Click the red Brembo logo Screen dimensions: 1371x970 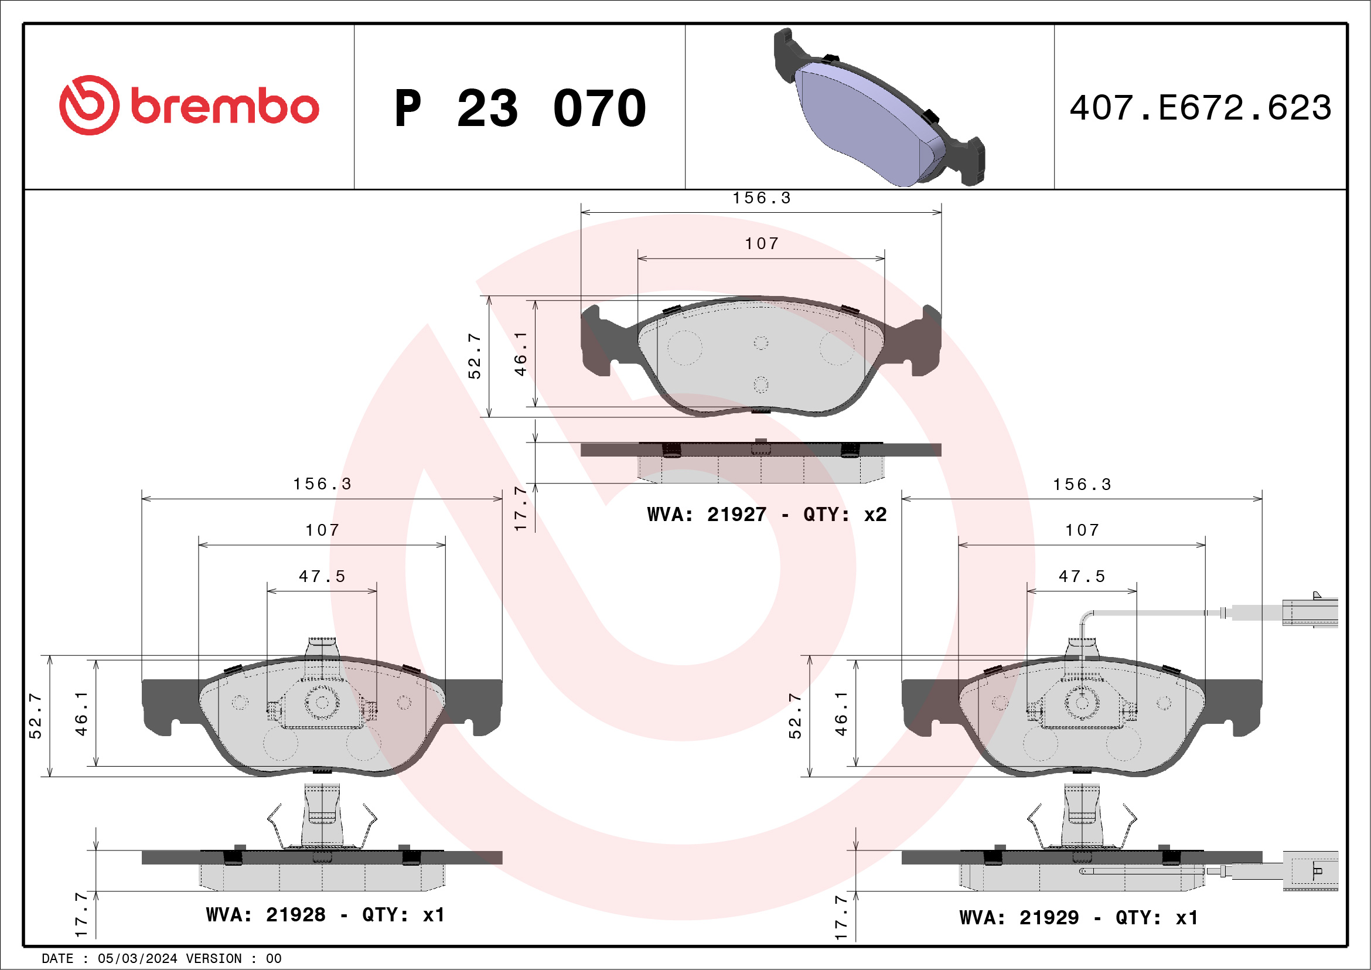pyautogui.click(x=189, y=105)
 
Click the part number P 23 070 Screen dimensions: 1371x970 pyautogui.click(x=520, y=108)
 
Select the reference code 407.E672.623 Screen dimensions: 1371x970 pyautogui.click(x=1201, y=108)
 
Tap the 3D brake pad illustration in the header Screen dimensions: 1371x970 pyautogui.click(x=879, y=107)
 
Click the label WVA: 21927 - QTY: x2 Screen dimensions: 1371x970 pyautogui.click(x=767, y=514)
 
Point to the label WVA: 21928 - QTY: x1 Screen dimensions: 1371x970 pyautogui.click(x=325, y=914)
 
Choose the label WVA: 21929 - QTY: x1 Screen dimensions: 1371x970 pyautogui.click(x=1079, y=917)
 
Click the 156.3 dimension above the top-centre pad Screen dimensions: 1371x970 pyautogui.click(x=761, y=198)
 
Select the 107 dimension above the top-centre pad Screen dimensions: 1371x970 pyautogui.click(x=761, y=244)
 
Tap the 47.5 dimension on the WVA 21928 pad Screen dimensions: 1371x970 pyautogui.click(x=322, y=576)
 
